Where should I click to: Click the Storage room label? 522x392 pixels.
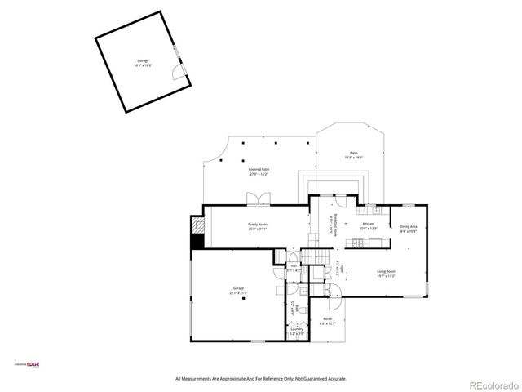[143, 65]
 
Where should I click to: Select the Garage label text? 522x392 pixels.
[238, 290]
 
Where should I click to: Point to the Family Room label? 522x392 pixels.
[258, 225]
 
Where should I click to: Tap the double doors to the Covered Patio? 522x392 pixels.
[258, 198]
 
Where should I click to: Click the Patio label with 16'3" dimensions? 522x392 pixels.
[354, 155]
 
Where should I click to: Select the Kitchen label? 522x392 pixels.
[369, 226]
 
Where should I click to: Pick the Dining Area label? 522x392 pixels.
[408, 229]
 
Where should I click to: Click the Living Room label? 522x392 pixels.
[386, 274]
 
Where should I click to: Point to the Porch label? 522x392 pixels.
[327, 320]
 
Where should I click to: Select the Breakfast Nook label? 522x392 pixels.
[331, 225]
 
